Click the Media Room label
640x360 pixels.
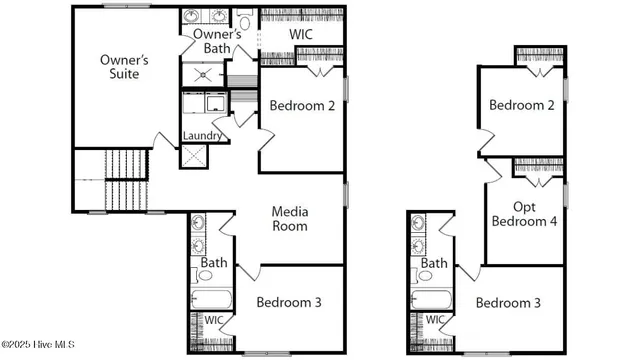pyautogui.click(x=290, y=218)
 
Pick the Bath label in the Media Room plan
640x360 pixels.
pyautogui.click(x=214, y=263)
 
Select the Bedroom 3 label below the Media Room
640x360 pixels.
pyautogui.click(x=288, y=302)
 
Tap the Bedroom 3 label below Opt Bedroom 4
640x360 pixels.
pyautogui.click(x=507, y=302)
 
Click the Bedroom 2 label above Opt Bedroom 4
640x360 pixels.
pyautogui.click(x=521, y=105)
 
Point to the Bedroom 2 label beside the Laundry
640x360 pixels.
pyautogui.click(x=302, y=107)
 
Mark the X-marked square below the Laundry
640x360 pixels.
pyautogui.click(x=192, y=156)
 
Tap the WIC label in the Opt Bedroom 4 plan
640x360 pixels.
pyautogui.click(x=435, y=320)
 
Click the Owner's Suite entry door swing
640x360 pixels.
pyautogui.click(x=161, y=140)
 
